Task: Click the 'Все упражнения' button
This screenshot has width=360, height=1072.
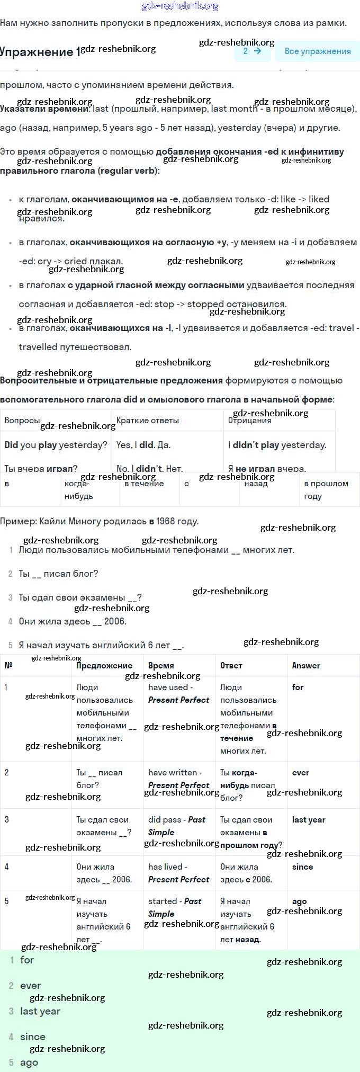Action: (318, 51)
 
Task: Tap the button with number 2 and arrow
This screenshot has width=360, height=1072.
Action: (252, 51)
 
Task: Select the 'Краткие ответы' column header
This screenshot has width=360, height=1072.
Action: (148, 420)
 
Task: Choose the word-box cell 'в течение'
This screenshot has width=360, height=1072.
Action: (144, 484)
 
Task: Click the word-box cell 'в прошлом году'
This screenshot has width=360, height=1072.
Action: (326, 490)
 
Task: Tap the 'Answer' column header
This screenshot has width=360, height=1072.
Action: (306, 666)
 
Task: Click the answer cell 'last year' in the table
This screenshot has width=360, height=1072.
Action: (309, 819)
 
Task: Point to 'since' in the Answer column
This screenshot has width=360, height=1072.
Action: (302, 866)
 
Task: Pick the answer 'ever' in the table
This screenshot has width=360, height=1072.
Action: (300, 773)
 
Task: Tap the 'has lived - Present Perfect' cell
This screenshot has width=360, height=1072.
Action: (178, 873)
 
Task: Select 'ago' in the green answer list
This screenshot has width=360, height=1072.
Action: (29, 1062)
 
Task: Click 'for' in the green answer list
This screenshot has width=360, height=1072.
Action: (27, 960)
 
